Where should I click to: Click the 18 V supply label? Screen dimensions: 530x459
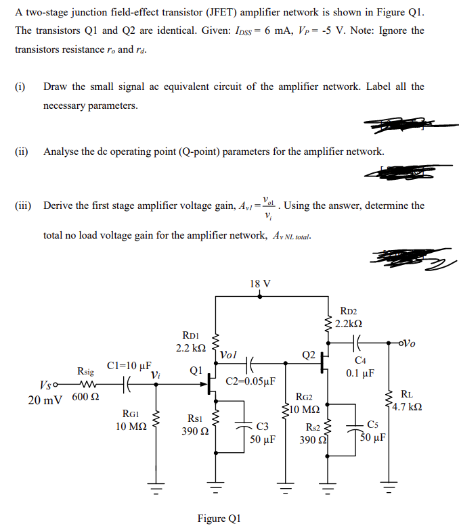point(260,283)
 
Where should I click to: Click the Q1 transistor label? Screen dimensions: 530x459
point(196,371)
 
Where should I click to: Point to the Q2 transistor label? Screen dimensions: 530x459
point(308,355)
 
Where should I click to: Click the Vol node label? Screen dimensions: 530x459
point(228,354)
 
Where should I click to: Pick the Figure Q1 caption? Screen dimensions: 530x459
point(218,519)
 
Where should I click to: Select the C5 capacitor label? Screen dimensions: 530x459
point(373,424)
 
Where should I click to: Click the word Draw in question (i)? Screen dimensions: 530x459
point(56,87)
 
